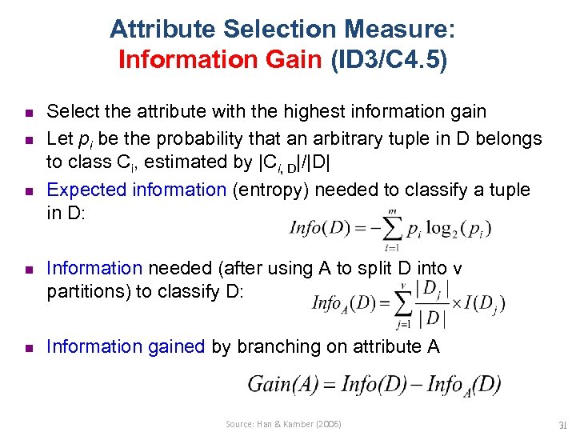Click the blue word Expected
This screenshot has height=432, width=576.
point(84,190)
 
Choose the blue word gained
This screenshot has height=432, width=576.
point(175,346)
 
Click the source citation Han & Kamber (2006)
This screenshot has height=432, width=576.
point(283,424)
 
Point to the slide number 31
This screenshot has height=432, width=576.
point(561,424)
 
